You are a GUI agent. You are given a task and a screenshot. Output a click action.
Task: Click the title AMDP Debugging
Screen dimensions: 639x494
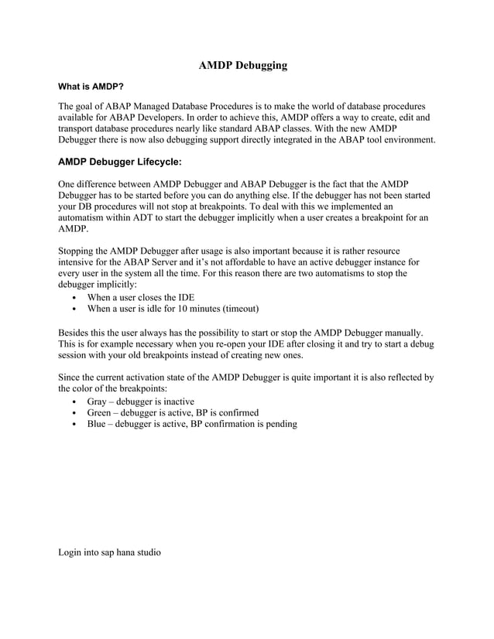(243, 66)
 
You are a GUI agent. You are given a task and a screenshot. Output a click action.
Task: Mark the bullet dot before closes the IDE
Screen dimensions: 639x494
(73, 299)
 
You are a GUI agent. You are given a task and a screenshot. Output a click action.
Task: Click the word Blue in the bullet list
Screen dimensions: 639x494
(98, 424)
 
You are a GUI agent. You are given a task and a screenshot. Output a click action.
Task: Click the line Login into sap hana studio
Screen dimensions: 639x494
(109, 552)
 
